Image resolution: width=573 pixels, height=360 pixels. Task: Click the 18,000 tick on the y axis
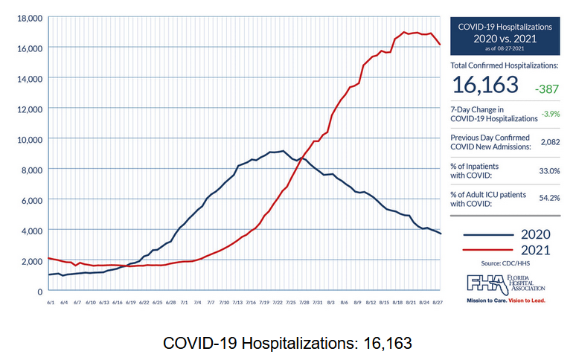(x=27, y=17)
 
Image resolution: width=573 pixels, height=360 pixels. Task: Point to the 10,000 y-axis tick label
(x=27, y=139)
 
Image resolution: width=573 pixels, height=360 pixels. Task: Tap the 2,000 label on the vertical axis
(x=30, y=261)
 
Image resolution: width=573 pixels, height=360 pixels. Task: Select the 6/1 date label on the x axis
(x=51, y=301)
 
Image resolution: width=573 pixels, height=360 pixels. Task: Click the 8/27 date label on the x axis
(x=438, y=301)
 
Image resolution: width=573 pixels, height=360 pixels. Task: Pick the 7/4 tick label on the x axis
(x=197, y=301)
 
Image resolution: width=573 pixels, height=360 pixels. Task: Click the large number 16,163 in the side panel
(x=484, y=85)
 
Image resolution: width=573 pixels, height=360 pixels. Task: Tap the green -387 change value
(x=545, y=87)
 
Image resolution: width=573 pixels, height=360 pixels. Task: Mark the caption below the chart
(x=286, y=344)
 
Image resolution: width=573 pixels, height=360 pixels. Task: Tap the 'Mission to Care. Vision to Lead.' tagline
(x=505, y=301)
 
